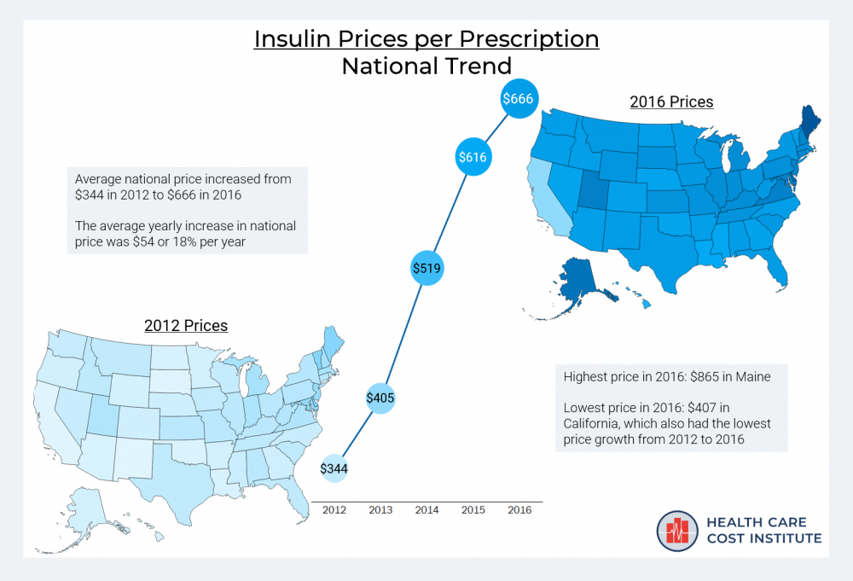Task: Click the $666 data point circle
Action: coord(518,99)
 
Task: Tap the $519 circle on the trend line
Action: coord(426,268)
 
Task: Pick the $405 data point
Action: coord(380,398)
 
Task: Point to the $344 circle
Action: coord(334,468)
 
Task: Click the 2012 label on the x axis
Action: coord(334,510)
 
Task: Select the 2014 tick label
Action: coord(426,510)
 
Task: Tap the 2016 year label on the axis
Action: coord(519,510)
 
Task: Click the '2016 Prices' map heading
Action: coord(671,102)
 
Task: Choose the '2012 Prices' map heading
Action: coord(186,326)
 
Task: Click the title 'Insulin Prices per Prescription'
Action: coord(426,39)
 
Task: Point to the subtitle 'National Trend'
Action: coord(426,66)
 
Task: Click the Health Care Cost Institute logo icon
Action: coord(678,531)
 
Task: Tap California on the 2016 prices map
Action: coord(545,196)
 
